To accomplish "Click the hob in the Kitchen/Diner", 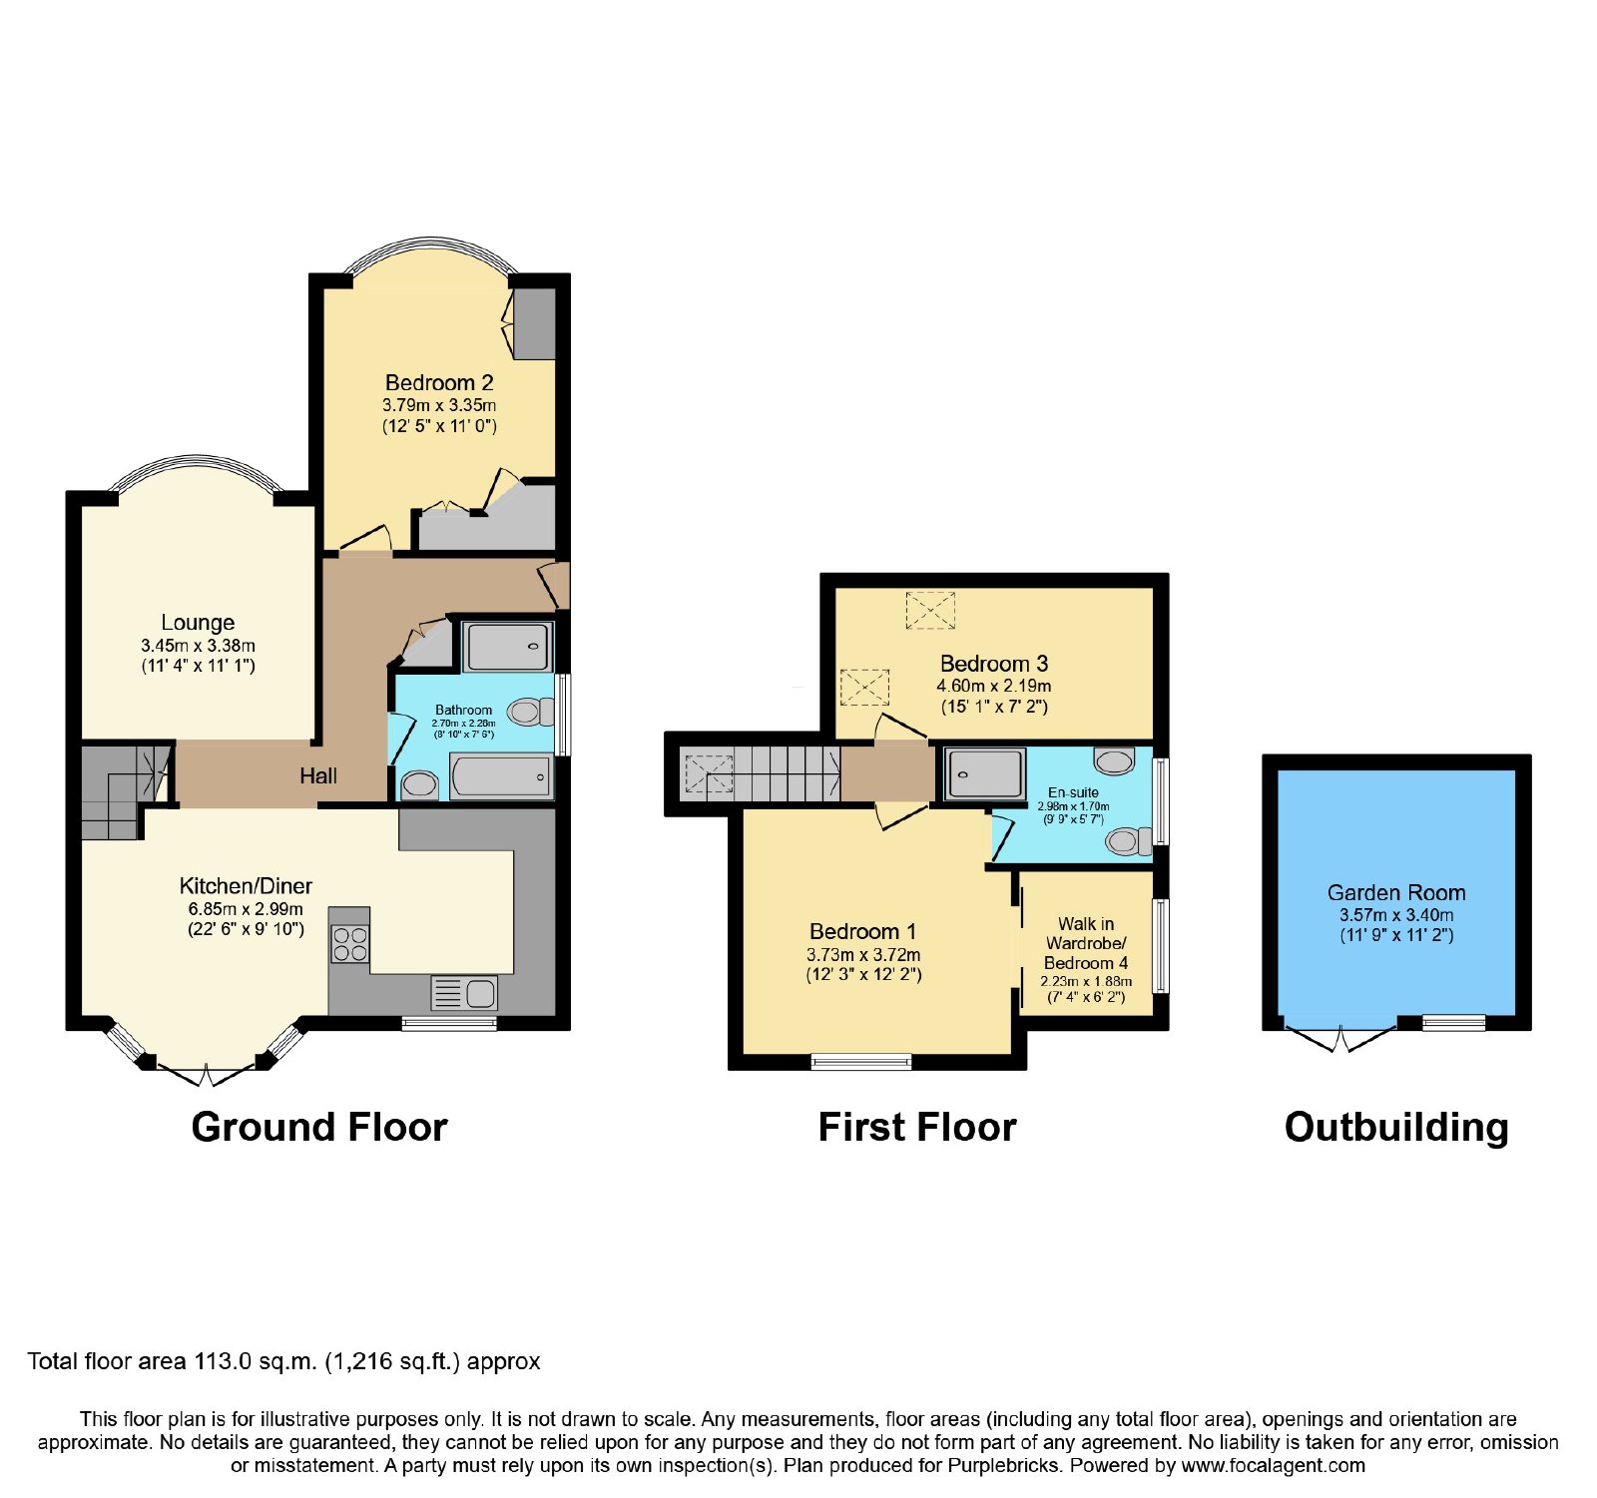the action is [349, 944].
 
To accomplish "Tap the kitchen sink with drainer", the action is [464, 993].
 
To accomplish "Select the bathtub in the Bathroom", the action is [501, 776].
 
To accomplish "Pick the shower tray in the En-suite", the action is [985, 773].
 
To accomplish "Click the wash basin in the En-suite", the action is [1114, 760].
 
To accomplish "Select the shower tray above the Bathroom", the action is [508, 647].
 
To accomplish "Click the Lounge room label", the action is [198, 623].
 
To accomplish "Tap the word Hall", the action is [318, 775].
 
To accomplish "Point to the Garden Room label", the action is [1396, 892].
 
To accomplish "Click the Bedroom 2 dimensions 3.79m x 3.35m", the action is [439, 405].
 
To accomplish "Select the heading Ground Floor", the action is [319, 1127].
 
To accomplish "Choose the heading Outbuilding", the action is [1396, 1128].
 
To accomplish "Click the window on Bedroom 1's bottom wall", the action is [861, 1061].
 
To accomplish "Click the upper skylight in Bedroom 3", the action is [930, 610].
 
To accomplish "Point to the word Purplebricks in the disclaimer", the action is [1009, 1466].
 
